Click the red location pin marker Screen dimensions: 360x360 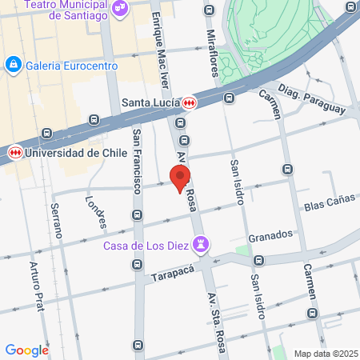click(181, 177)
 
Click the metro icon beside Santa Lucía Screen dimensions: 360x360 click(189, 102)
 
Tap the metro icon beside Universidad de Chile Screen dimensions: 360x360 click(14, 151)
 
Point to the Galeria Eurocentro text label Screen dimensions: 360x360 click(65, 64)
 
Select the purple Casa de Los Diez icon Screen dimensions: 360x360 click(202, 242)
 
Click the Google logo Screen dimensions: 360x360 click(27, 350)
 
